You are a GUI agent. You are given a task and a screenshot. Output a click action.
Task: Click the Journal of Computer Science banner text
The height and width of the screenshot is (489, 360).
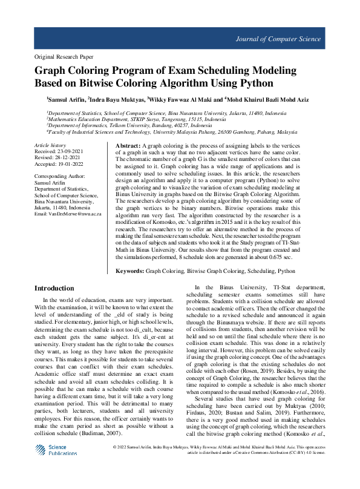pyautogui.click(x=278, y=39)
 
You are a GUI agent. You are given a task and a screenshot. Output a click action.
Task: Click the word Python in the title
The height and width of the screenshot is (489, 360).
pyautogui.click(x=254, y=84)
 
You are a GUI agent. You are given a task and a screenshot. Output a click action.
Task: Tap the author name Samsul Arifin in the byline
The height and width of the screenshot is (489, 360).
pyautogui.click(x=67, y=99)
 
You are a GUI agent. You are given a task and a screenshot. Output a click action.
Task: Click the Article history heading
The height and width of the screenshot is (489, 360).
pyautogui.click(x=50, y=146)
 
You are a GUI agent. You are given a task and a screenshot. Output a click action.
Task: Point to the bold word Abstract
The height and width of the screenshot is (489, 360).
pyautogui.click(x=128, y=146)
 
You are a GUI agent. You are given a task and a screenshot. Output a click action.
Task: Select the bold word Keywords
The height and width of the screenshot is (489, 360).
pyautogui.click(x=130, y=272)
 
